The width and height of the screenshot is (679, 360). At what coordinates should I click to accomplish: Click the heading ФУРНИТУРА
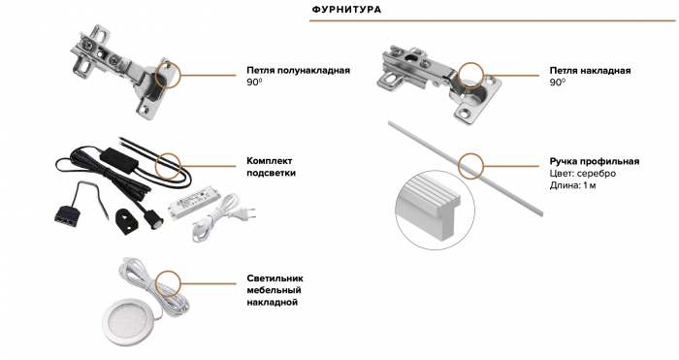click(x=345, y=10)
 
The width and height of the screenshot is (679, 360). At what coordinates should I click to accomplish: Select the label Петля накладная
click(x=591, y=71)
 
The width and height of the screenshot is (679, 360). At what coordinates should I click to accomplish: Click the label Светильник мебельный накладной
click(x=273, y=289)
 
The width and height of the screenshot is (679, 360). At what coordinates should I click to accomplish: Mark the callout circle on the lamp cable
click(x=169, y=282)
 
